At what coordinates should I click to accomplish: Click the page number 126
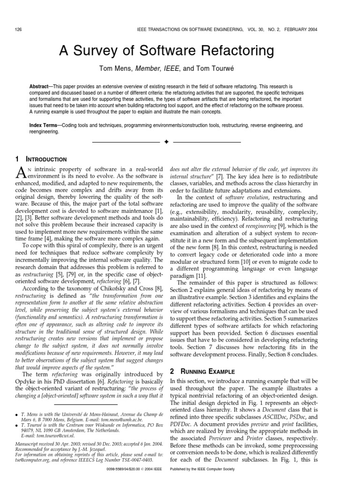pyautogui.click(x=19, y=30)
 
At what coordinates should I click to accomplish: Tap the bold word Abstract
pyautogui.click(x=40, y=87)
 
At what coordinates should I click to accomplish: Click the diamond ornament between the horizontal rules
pyautogui.click(x=165, y=142)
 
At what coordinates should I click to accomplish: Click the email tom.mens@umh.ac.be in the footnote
pyautogui.click(x=121, y=420)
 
